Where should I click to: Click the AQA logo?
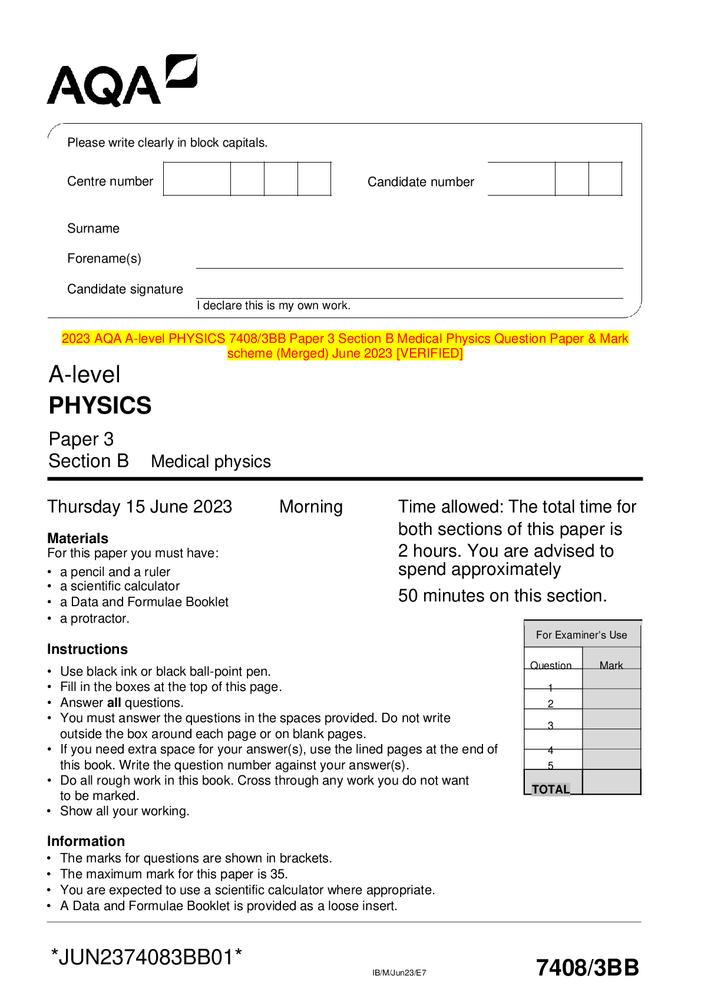click(x=121, y=81)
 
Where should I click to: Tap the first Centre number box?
click(x=197, y=179)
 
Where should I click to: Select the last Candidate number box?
click(x=605, y=179)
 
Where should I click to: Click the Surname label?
click(x=93, y=229)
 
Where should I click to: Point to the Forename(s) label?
click(x=104, y=259)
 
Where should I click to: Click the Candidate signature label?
click(x=125, y=289)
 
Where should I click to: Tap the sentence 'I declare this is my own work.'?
click(x=273, y=306)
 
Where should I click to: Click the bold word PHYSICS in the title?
click(x=100, y=406)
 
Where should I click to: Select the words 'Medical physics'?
click(x=211, y=462)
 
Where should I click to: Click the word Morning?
click(x=310, y=507)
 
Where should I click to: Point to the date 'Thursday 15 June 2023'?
click(x=140, y=507)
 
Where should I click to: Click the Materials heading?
click(x=78, y=538)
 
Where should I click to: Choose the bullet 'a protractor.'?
click(x=94, y=619)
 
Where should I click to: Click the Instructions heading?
click(x=87, y=649)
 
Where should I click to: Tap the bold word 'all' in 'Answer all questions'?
click(x=114, y=703)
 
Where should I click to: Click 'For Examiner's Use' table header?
click(x=581, y=635)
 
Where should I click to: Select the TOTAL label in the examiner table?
click(x=551, y=789)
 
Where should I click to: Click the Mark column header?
click(x=611, y=665)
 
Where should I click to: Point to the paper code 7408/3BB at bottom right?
click(x=587, y=968)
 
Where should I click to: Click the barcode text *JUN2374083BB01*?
click(x=147, y=957)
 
